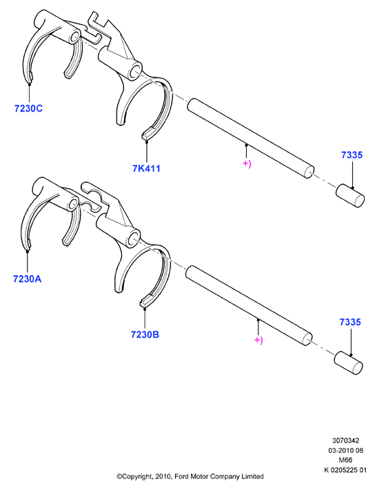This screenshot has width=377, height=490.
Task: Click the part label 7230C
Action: (x=28, y=108)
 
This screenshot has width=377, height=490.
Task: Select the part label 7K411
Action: (x=146, y=168)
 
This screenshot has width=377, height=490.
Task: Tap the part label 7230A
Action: (x=27, y=278)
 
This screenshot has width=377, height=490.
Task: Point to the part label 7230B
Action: (x=145, y=334)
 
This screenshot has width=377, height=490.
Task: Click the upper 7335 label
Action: (x=351, y=155)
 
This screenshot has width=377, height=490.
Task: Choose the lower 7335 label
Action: (x=350, y=322)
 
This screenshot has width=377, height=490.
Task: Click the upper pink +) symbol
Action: (x=247, y=164)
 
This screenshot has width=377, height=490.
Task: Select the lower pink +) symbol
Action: (x=259, y=340)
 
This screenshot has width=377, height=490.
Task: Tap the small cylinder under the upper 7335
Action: (x=350, y=196)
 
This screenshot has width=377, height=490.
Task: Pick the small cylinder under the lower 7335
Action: (x=348, y=363)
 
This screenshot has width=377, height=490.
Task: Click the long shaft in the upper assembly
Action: (x=251, y=139)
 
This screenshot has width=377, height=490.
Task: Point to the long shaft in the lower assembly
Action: (x=249, y=305)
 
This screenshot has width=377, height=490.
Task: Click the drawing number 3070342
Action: (x=345, y=440)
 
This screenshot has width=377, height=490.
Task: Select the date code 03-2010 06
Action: (x=345, y=450)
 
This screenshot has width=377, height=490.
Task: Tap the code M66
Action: (x=345, y=460)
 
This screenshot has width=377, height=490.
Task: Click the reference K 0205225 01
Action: (x=345, y=470)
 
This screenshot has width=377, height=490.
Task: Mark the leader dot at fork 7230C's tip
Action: (x=30, y=84)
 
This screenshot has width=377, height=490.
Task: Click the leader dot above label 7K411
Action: (x=146, y=142)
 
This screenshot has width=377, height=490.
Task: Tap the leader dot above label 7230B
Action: (x=145, y=309)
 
